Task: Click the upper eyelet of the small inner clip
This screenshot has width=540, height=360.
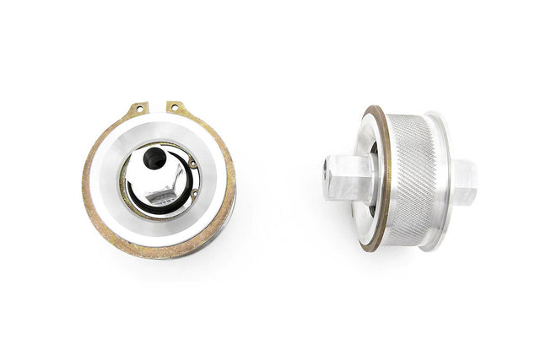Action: tap(192, 164)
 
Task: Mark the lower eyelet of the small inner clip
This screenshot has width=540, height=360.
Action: tap(194, 196)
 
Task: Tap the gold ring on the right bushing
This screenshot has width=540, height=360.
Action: tap(379, 181)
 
